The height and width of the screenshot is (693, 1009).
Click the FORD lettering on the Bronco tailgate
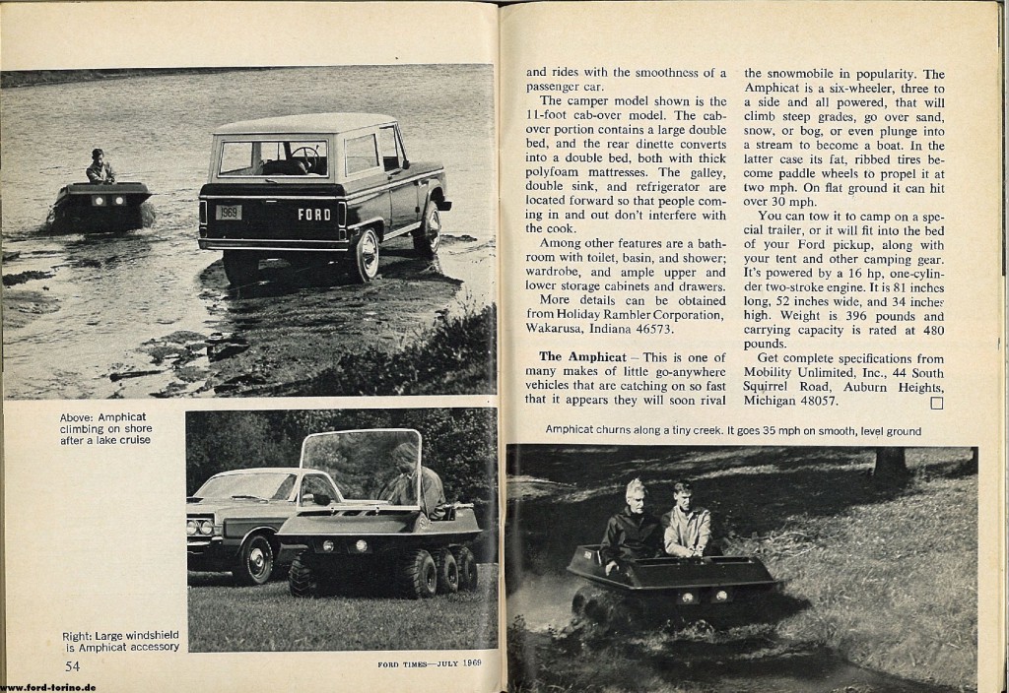tap(314, 214)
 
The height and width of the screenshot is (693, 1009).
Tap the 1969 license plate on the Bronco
tap(228, 212)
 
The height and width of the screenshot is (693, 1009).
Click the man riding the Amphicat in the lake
tap(100, 168)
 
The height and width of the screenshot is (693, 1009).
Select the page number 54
tap(72, 666)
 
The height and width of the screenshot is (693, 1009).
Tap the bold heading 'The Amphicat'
tap(582, 355)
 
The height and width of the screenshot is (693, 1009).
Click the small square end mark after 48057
tap(936, 402)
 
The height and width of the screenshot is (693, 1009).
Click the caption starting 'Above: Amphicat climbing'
tap(105, 428)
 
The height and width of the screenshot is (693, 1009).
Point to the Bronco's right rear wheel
tap(366, 254)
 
